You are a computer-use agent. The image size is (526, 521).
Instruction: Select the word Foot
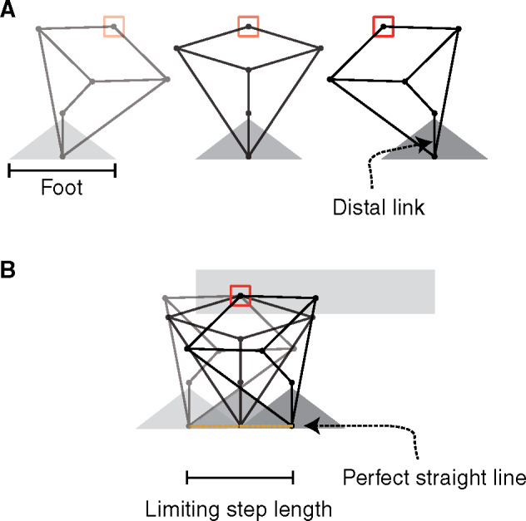coord(62,189)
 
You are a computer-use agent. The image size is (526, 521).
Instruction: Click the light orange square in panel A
coord(114,26)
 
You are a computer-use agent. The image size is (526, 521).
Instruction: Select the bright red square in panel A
coord(384,26)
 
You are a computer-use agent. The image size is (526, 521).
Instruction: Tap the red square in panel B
coord(240,295)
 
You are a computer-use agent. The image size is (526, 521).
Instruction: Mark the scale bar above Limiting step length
coord(241,477)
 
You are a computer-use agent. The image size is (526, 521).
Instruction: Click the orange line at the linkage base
coord(241,427)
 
